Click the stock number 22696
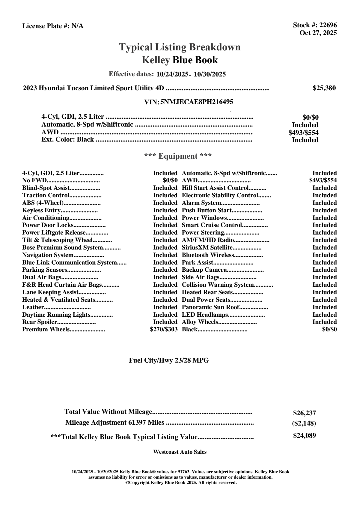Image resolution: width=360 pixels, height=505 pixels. click(x=328, y=25)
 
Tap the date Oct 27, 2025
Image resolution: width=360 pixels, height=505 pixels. click(x=318, y=33)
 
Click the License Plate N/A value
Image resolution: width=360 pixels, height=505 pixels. click(x=77, y=26)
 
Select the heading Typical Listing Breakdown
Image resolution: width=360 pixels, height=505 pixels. click(x=180, y=47)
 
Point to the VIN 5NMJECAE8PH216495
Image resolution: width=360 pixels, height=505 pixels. click(x=197, y=102)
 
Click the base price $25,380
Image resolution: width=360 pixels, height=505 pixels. click(x=324, y=88)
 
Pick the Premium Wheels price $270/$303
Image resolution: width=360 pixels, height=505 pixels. click(x=164, y=330)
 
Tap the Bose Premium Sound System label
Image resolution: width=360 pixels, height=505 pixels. click(x=63, y=248)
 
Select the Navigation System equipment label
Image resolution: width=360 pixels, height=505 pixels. click(x=48, y=255)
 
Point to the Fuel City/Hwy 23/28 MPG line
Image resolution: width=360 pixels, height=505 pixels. click(x=169, y=360)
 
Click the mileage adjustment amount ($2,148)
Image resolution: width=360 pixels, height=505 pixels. click(x=304, y=423)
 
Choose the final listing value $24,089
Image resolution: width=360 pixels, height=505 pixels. click(x=304, y=435)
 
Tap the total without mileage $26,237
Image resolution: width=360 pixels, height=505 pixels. click(x=304, y=413)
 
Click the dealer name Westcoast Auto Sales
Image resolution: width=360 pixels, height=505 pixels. click(x=180, y=452)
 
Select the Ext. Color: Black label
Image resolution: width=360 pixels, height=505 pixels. click(x=68, y=139)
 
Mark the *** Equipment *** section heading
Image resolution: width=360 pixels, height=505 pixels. click(x=178, y=156)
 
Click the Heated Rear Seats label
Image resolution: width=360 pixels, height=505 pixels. click(x=207, y=292)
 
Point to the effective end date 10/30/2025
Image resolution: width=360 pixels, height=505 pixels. click(x=210, y=74)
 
